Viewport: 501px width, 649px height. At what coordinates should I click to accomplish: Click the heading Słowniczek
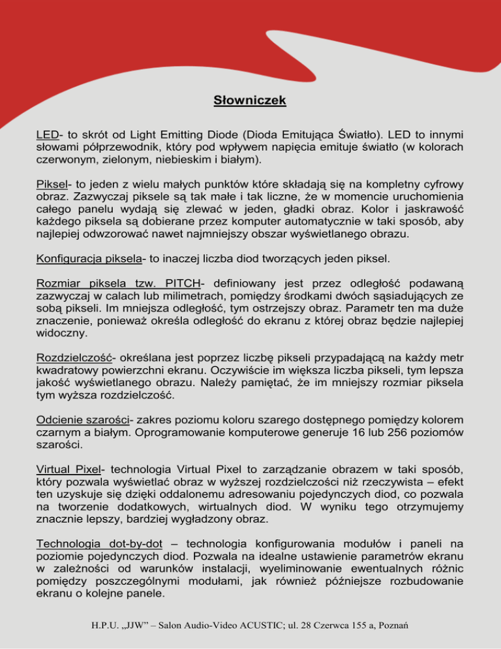[250, 101]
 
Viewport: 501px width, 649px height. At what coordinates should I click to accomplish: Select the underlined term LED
[47, 135]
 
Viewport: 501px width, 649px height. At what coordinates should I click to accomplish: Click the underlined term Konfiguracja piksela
[89, 259]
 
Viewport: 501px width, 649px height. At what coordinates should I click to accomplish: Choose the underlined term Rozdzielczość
[78, 358]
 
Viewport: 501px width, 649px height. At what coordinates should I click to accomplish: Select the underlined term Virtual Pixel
[69, 471]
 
